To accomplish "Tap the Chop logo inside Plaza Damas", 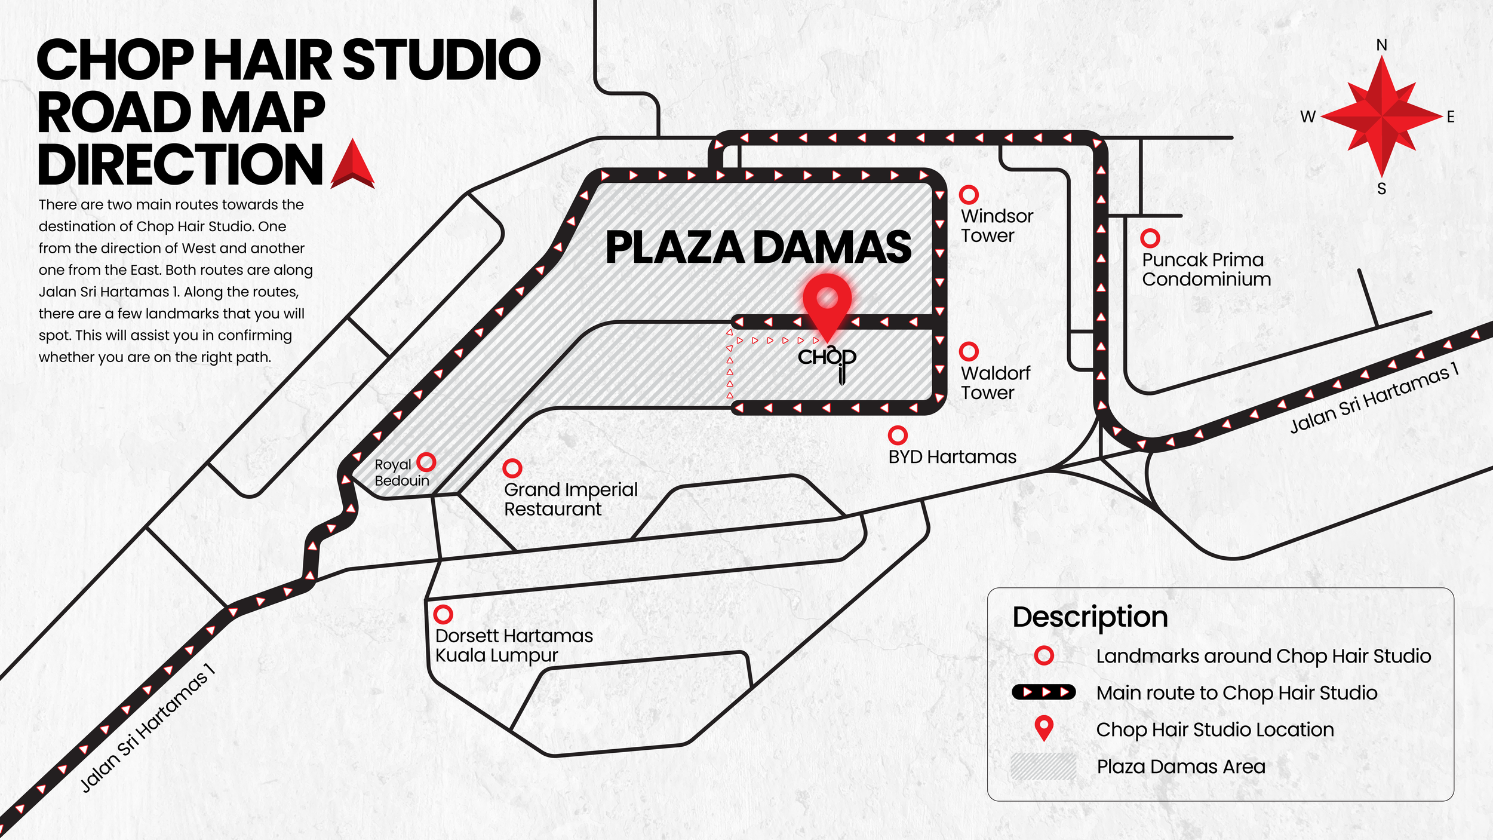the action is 828,361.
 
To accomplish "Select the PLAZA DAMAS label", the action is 758,247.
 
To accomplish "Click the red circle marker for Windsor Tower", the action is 969,195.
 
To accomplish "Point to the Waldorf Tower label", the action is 995,383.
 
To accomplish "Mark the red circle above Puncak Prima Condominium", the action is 1150,238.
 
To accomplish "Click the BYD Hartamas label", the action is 952,457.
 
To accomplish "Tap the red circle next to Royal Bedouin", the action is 426,462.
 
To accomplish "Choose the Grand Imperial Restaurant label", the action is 570,499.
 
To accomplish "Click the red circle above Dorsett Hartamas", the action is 443,614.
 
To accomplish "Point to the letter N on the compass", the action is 1381,45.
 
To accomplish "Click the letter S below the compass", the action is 1381,189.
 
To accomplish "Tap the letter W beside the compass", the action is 1308,117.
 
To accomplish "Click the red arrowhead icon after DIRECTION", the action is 353,164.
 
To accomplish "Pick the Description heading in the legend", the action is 1090,617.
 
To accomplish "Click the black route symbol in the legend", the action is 1043,692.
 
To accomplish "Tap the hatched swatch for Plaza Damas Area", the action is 1043,767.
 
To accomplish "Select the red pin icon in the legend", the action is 1043,728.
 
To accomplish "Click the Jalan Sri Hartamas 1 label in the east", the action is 1374,398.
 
